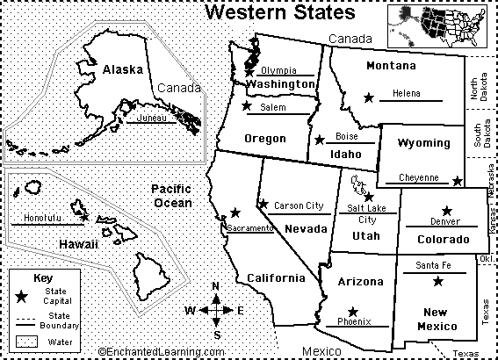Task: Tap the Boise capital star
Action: [318, 139]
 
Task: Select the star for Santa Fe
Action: [437, 282]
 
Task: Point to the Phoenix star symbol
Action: [353, 311]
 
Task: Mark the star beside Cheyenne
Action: [457, 181]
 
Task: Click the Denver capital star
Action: [448, 210]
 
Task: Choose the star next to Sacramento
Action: [235, 212]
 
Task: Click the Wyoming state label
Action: [424, 143]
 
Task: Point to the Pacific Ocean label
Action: [170, 196]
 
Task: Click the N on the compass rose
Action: [216, 286]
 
